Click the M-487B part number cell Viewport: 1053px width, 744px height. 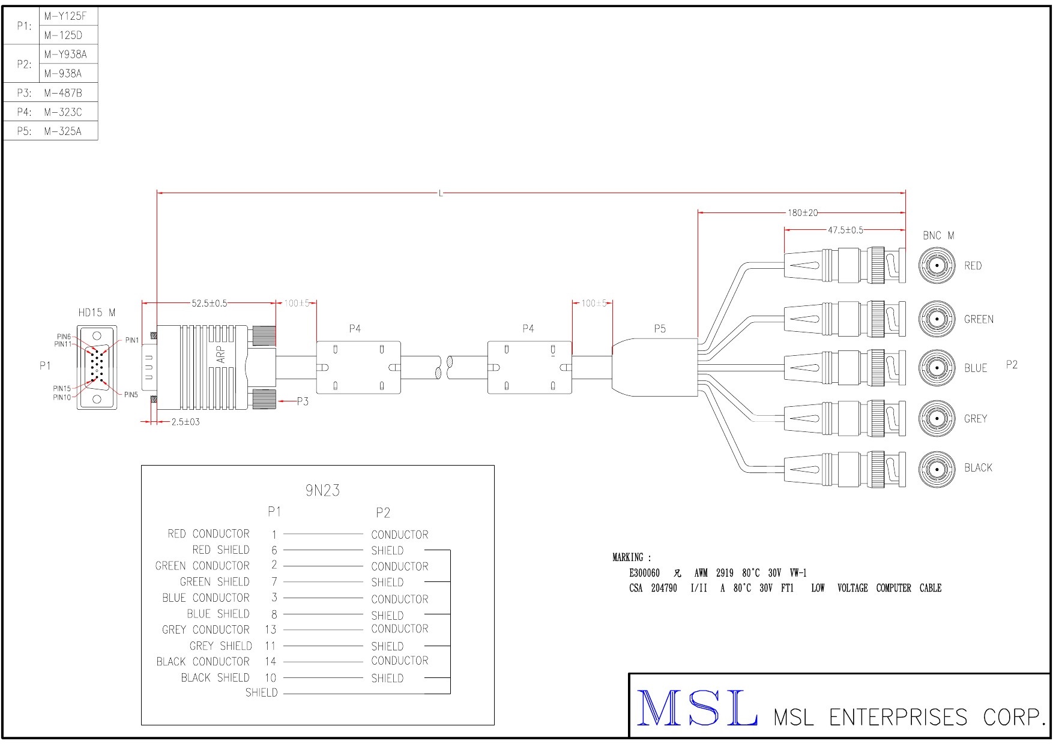click(62, 93)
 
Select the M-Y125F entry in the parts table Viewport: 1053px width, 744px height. click(65, 16)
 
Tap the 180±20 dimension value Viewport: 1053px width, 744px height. click(802, 212)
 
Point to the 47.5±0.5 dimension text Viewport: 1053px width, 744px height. click(845, 230)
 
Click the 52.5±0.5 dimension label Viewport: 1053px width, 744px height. click(209, 304)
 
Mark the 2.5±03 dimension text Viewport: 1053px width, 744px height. click(185, 422)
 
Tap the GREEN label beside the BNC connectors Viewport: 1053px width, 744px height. click(978, 319)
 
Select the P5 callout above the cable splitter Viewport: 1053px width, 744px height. click(660, 329)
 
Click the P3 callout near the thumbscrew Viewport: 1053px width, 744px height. click(303, 401)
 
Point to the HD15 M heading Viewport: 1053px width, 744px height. click(97, 313)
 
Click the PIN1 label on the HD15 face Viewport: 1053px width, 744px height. click(131, 340)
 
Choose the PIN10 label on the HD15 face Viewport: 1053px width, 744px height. click(62, 397)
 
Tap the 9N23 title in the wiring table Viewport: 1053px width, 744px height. click(322, 491)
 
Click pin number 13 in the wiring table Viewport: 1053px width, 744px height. click(270, 629)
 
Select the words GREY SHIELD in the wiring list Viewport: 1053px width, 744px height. click(220, 646)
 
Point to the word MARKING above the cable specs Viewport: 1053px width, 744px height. click(628, 557)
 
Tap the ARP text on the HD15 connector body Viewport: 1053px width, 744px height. click(221, 354)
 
